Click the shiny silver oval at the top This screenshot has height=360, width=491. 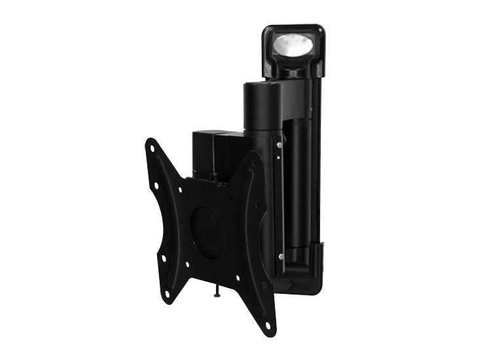[291, 45]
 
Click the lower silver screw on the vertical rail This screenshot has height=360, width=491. [280, 256]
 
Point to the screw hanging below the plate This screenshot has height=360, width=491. [217, 295]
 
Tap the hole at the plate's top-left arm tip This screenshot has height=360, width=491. [153, 148]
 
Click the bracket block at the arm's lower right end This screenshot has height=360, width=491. [316, 262]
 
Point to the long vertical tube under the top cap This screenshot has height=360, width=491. [302, 164]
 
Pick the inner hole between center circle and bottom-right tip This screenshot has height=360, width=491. [237, 278]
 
